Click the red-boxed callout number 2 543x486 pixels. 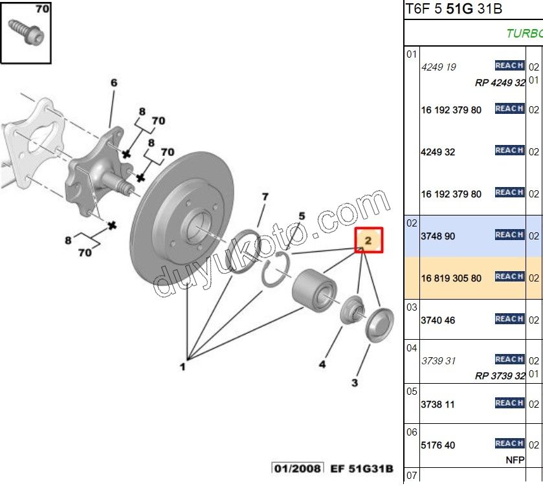tap(368, 240)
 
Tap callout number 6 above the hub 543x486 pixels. tap(114, 83)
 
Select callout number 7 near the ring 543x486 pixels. tap(265, 197)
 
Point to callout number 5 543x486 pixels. tap(302, 215)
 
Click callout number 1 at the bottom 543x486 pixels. tap(183, 367)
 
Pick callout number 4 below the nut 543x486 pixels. tap(322, 365)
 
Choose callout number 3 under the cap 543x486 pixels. tap(355, 383)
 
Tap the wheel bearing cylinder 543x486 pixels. tap(313, 289)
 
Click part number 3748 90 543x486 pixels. tap(438, 236)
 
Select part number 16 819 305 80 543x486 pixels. tap(451, 278)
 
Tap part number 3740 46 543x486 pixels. tap(438, 320)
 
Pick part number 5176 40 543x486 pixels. tap(438, 445)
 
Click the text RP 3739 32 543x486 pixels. tap(500, 376)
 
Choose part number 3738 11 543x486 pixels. tap(438, 404)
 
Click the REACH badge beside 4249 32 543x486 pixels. tap(509, 150)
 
